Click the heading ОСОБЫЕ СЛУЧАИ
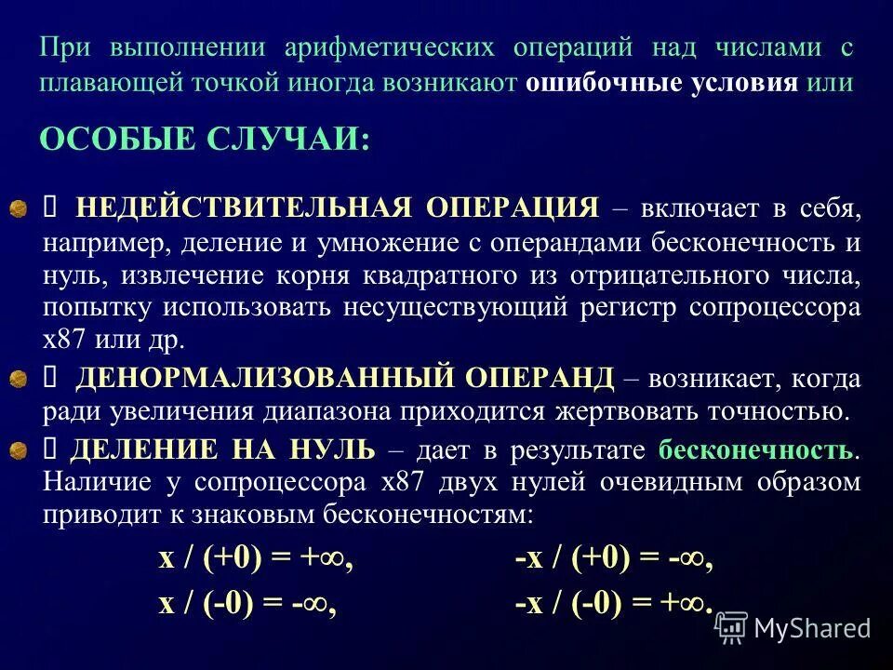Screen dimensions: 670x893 [x=205, y=141]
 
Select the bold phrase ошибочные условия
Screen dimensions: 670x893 [x=662, y=82]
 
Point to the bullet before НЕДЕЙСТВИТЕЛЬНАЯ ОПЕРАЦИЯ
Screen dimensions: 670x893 [x=18, y=208]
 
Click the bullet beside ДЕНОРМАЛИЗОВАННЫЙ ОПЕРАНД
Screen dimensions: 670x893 [x=18, y=378]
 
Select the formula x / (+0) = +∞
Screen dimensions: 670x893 [x=256, y=558]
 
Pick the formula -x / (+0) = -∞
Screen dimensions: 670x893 [x=614, y=558]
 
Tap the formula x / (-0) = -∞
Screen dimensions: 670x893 [x=247, y=603]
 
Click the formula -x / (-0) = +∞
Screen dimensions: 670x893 [x=614, y=603]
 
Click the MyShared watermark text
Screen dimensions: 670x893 [x=812, y=628]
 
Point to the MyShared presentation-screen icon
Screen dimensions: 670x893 [x=731, y=628]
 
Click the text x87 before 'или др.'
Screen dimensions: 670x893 [x=62, y=336]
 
